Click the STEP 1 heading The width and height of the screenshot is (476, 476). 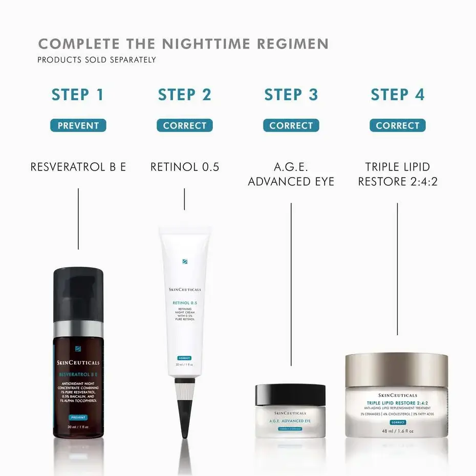[78, 95]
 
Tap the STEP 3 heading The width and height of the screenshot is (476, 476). [291, 95]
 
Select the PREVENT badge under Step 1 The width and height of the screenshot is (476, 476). [78, 125]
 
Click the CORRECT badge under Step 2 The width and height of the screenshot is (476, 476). [184, 125]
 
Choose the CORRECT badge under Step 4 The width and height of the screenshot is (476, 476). [397, 125]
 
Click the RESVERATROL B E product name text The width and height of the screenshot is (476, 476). [78, 167]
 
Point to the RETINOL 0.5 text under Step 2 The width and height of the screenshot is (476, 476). [184, 167]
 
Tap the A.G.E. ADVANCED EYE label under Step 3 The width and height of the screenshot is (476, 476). [291, 174]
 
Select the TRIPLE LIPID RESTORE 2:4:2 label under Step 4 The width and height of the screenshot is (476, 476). [397, 174]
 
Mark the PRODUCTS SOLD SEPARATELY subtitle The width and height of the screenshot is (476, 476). [96, 60]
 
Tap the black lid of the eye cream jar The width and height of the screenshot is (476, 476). [290, 395]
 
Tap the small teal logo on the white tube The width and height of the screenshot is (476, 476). [184, 261]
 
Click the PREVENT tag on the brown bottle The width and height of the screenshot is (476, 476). [78, 418]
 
